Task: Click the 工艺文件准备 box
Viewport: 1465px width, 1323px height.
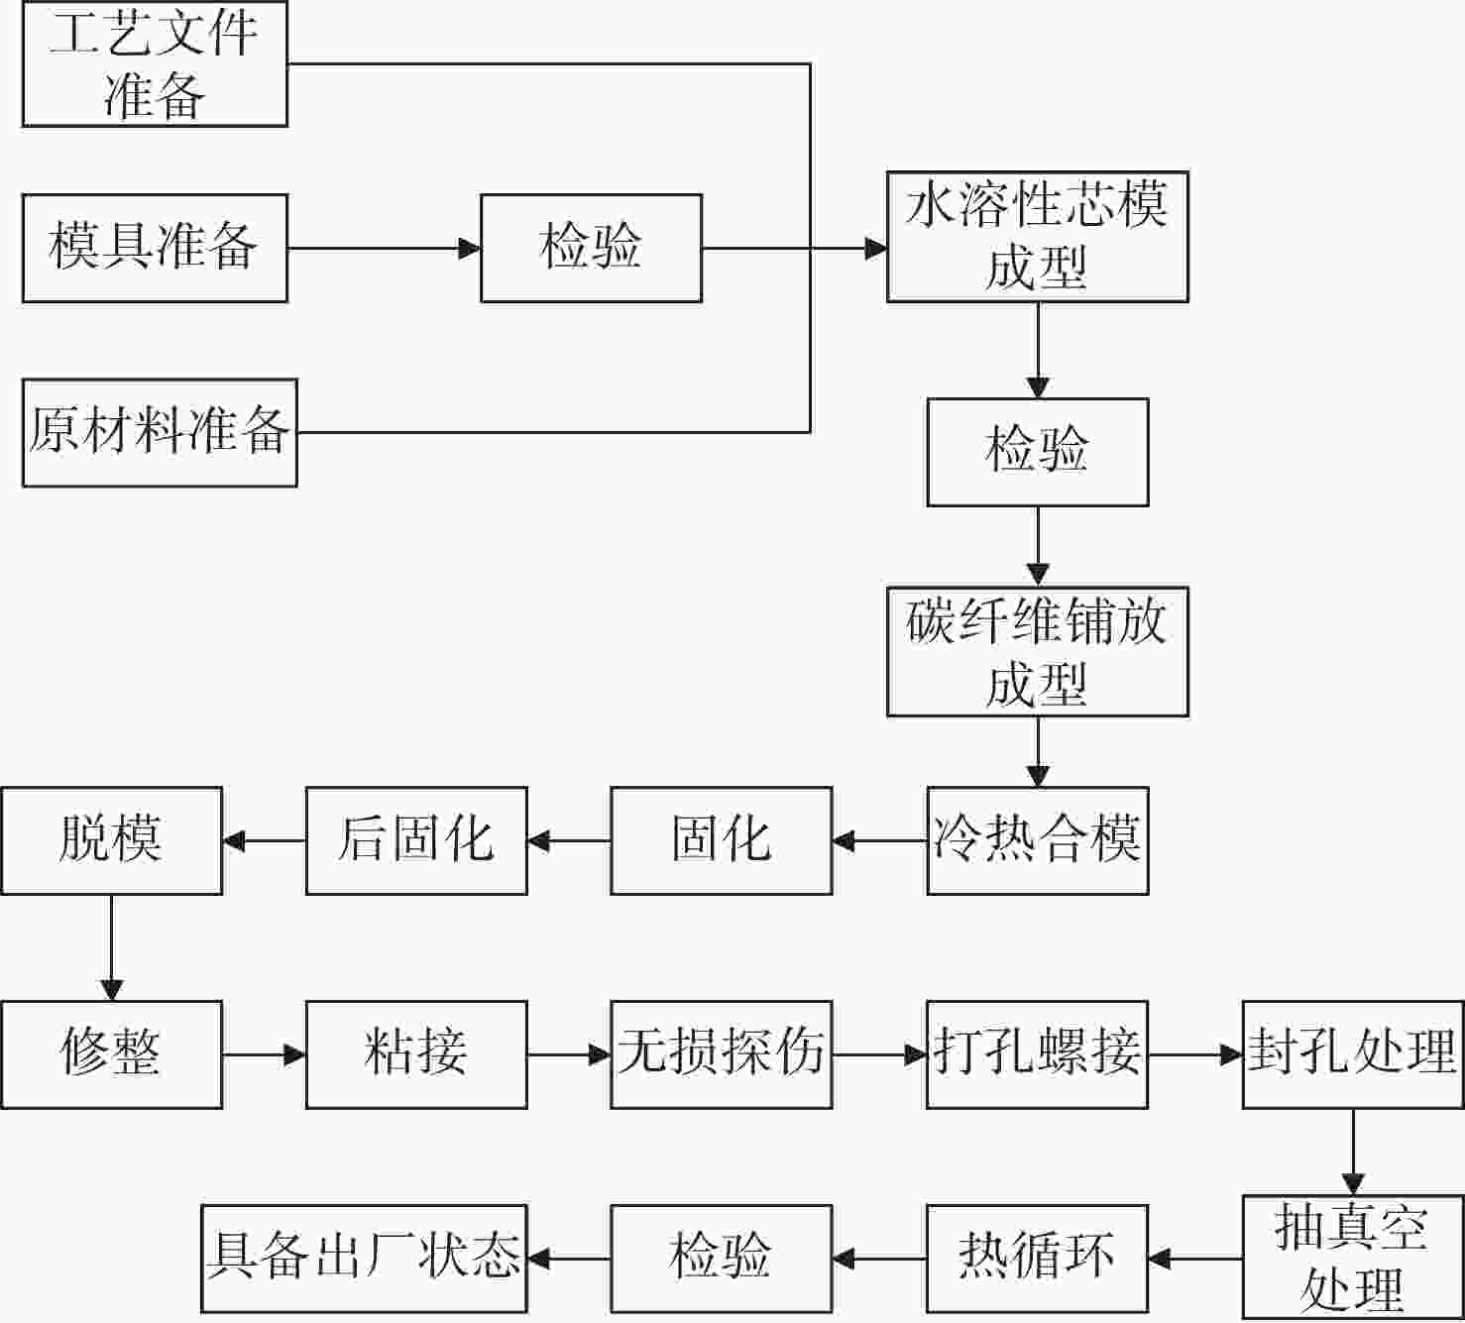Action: pos(155,63)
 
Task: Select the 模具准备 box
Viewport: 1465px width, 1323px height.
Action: pos(155,248)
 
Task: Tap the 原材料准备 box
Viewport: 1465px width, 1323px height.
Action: pos(160,433)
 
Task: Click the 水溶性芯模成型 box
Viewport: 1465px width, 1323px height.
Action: pos(1038,237)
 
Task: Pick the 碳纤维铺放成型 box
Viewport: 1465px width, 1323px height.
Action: pos(1038,652)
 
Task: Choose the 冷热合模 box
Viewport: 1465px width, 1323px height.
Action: pos(1038,841)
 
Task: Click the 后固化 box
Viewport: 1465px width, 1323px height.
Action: pos(416,841)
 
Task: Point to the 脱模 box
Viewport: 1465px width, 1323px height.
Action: pos(112,841)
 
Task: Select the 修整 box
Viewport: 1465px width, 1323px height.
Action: pos(112,1055)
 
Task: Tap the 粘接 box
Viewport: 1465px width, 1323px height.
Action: pos(416,1055)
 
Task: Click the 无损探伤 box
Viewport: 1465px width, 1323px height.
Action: pos(722,1055)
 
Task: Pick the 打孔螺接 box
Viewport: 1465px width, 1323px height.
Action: pos(1038,1055)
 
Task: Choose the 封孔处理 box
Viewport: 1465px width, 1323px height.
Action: pos(1353,1055)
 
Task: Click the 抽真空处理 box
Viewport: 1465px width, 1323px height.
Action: pos(1353,1259)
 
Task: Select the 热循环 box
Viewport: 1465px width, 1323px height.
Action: pos(1038,1259)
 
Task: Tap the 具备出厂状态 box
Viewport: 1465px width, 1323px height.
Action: pos(365,1259)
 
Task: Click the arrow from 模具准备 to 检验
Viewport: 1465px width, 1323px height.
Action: pos(385,248)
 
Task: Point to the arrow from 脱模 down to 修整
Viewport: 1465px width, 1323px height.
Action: pos(112,947)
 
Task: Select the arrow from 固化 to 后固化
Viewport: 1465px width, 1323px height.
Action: pos(569,841)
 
